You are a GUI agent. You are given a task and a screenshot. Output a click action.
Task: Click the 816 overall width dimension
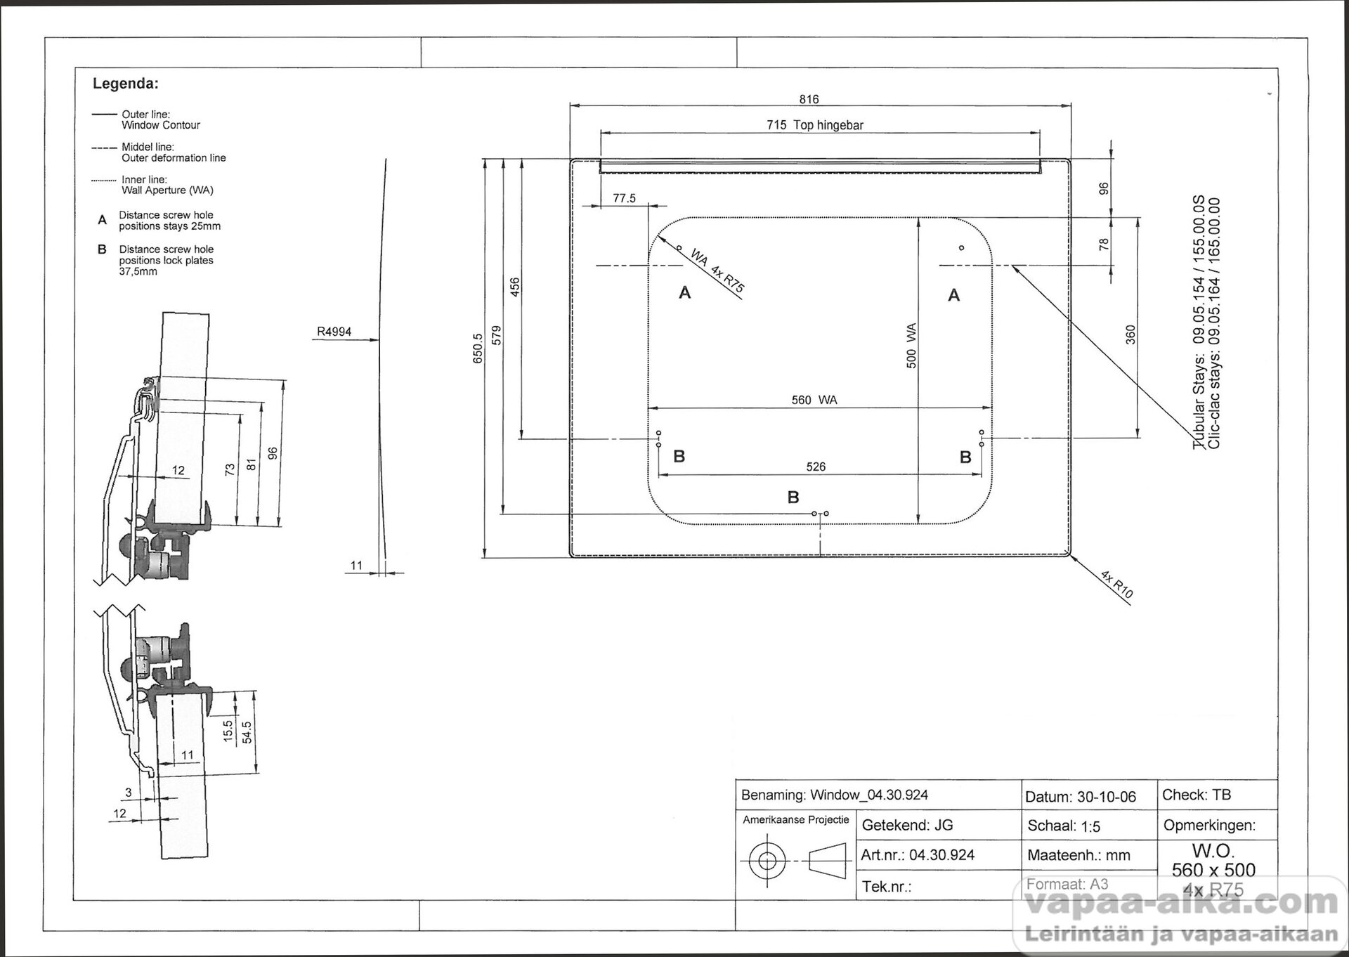coord(809,99)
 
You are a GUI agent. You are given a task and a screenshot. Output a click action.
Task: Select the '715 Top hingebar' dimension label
coord(815,125)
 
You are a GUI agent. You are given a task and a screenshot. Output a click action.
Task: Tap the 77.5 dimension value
coord(624,198)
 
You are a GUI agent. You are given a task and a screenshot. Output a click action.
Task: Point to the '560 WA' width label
coord(814,400)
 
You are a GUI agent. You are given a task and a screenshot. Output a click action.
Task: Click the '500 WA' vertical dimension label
coord(911,346)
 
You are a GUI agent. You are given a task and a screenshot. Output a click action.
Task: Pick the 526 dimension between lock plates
coord(816,467)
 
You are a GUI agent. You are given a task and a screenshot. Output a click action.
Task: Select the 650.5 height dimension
coord(478,349)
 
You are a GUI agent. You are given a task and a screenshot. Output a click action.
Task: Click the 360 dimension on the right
coord(1130,334)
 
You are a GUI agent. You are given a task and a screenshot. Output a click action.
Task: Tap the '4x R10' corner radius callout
coord(1116,585)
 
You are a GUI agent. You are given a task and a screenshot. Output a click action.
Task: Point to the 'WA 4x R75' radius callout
coord(717,270)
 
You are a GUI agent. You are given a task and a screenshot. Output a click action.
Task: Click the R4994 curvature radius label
coord(334,332)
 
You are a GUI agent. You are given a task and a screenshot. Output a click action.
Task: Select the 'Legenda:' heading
coord(126,84)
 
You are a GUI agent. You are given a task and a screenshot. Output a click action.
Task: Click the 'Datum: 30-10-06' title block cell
coord(1081,797)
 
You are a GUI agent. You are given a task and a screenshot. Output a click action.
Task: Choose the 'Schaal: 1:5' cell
coord(1064,826)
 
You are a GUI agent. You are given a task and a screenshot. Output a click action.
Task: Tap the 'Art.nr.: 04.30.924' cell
coord(918,855)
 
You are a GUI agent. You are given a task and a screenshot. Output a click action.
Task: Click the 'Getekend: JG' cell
coord(908,826)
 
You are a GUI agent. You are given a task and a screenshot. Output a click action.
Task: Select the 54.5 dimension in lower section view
coord(247,733)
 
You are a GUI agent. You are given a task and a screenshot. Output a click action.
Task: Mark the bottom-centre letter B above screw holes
coord(793,497)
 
